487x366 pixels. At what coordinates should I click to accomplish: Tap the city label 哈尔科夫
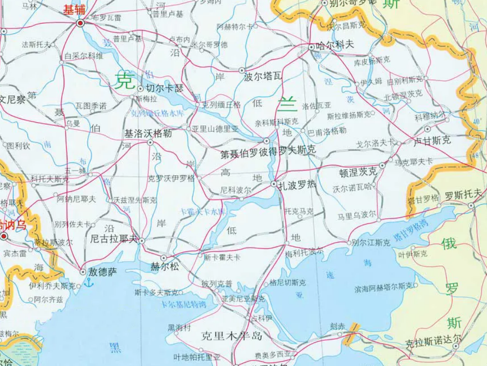click(x=334, y=45)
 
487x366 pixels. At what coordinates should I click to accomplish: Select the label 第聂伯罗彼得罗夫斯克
click(x=268, y=152)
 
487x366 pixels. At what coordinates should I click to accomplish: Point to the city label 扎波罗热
click(x=294, y=185)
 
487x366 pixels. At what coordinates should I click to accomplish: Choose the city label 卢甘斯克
click(x=432, y=141)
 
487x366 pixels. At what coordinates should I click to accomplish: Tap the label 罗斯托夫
click(x=463, y=195)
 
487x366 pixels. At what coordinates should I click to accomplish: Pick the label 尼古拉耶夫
click(x=114, y=239)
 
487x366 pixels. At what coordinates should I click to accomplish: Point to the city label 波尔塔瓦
click(x=263, y=76)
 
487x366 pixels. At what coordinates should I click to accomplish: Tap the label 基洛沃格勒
click(x=148, y=133)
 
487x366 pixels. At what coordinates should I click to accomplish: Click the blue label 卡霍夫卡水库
click(x=202, y=212)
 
